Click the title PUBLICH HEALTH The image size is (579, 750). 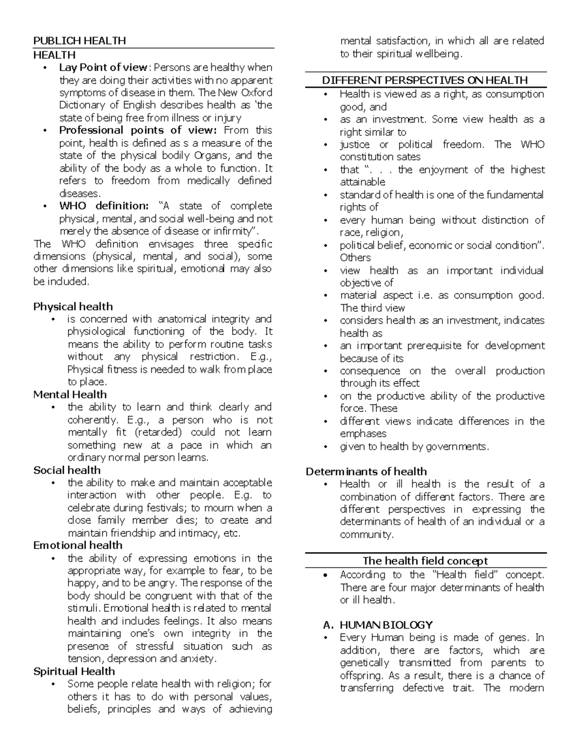(79, 41)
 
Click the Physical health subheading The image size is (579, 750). (73, 307)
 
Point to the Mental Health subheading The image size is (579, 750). (70, 395)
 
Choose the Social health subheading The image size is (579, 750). (67, 470)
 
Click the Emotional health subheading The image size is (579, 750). (78, 545)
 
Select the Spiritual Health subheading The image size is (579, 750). (74, 671)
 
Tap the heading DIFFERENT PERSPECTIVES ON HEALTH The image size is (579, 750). (425, 80)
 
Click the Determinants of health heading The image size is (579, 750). (366, 471)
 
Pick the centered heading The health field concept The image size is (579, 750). (425, 561)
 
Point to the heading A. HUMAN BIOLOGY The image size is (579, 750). (378, 625)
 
